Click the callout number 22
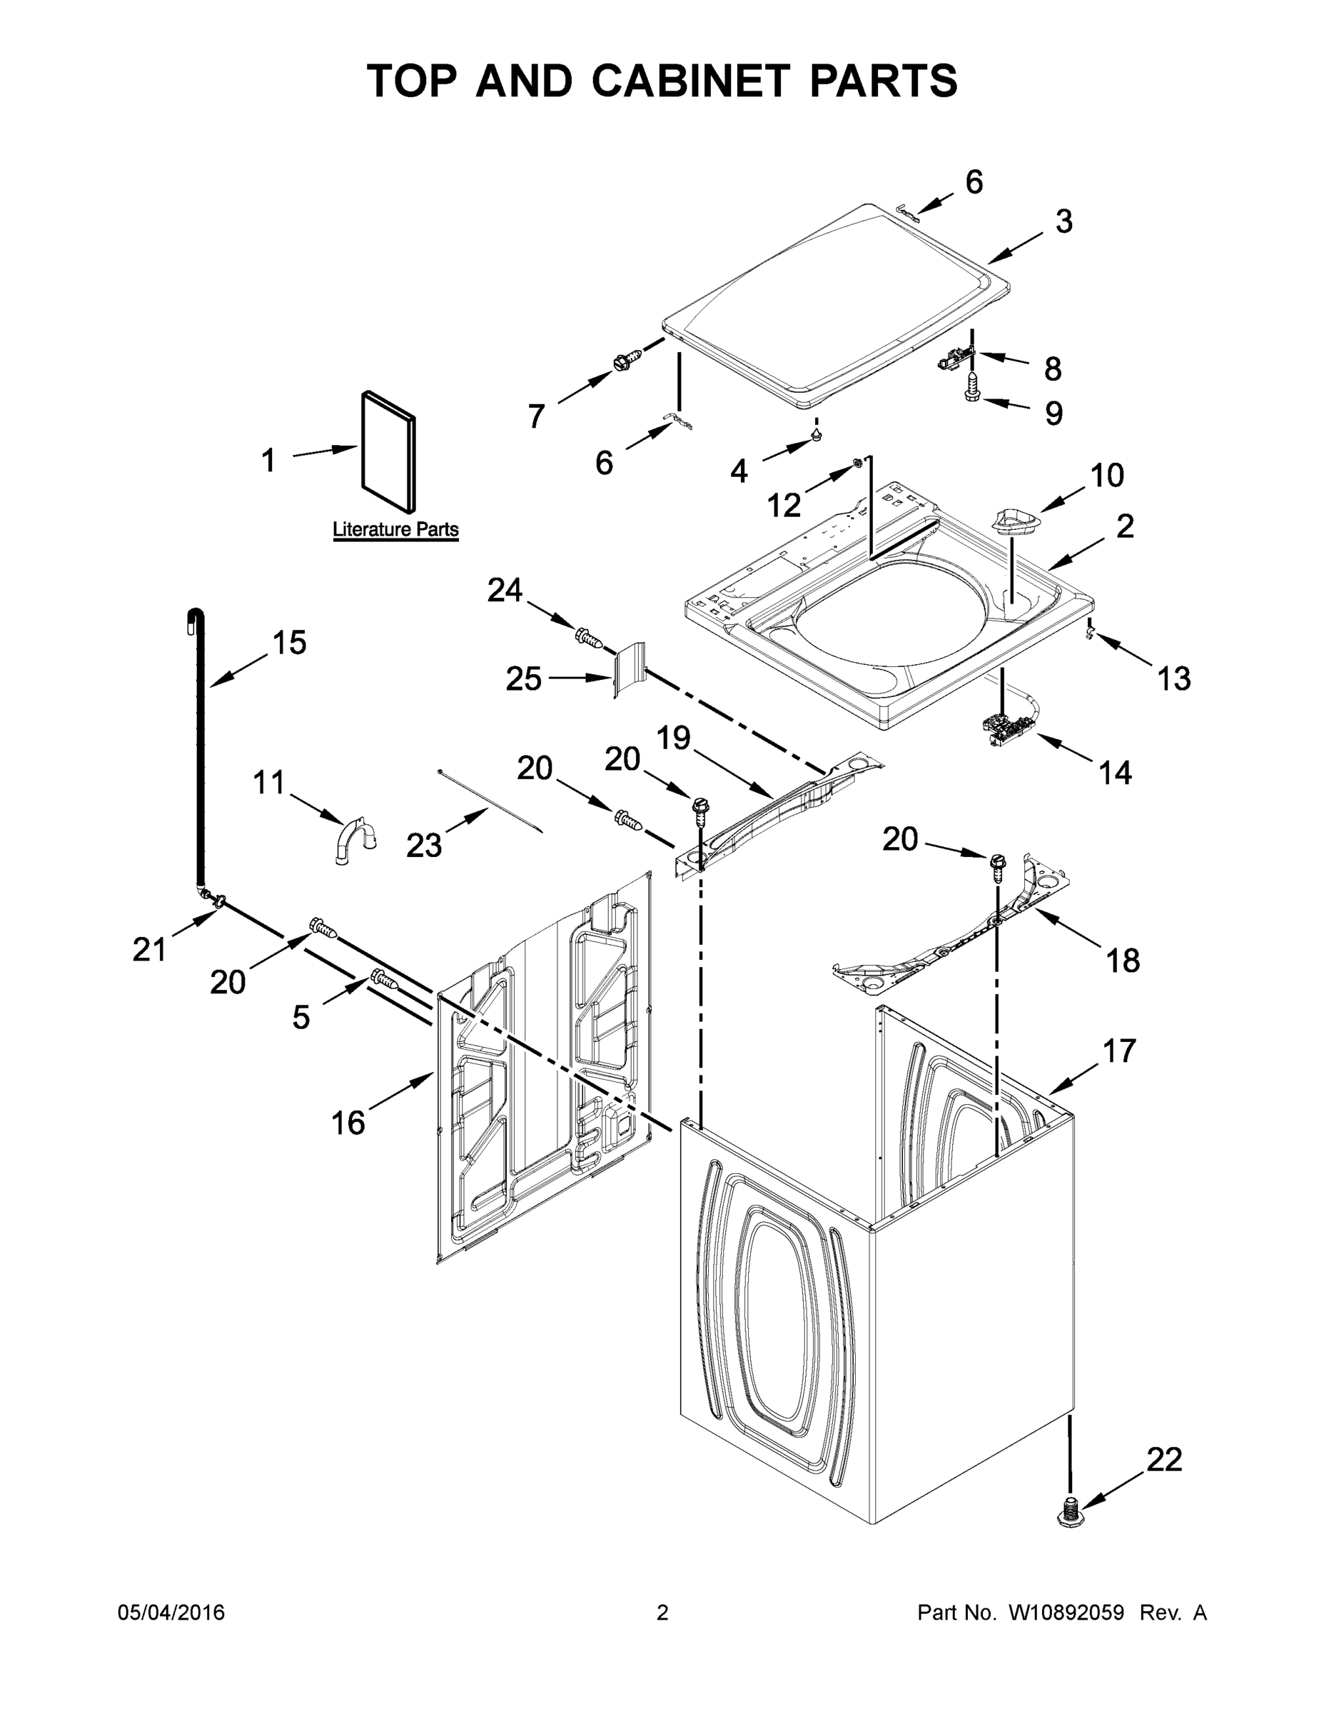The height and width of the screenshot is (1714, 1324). coord(1164,1460)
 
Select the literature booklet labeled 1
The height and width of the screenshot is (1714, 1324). coord(388,452)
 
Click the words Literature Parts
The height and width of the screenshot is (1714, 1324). coord(395,529)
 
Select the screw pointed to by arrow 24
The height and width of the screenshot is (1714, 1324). coord(588,637)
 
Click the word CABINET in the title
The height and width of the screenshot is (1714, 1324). coord(690,81)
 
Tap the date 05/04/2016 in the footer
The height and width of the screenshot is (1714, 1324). coord(171,1612)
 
